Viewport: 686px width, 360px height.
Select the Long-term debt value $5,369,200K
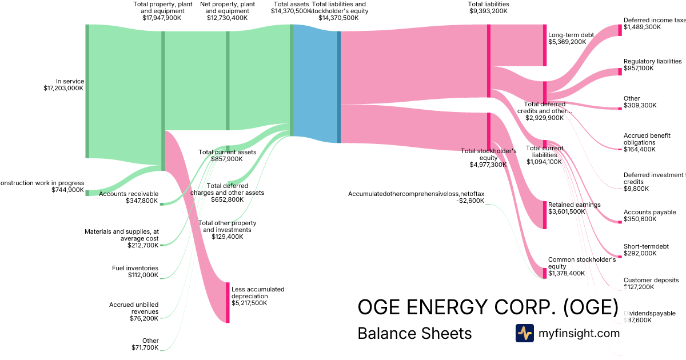click(567, 42)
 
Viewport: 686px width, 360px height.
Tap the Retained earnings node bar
click(545, 215)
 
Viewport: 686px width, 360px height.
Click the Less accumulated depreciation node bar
click(228, 302)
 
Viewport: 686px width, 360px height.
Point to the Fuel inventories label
click(135, 268)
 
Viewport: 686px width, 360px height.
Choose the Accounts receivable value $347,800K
click(142, 201)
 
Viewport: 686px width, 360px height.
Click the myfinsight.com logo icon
click(524, 333)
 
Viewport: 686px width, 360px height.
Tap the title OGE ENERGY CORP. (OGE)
click(487, 307)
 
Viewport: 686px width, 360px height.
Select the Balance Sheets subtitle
click(414, 333)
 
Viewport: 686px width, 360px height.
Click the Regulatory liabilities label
click(652, 61)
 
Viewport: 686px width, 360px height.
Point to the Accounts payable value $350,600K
click(640, 219)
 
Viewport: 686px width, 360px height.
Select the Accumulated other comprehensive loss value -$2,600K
click(472, 201)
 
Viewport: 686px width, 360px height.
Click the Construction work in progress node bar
click(87, 193)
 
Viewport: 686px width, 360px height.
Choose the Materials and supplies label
click(121, 235)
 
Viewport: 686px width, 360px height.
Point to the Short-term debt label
click(646, 247)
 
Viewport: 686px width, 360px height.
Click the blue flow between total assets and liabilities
click(315, 83)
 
